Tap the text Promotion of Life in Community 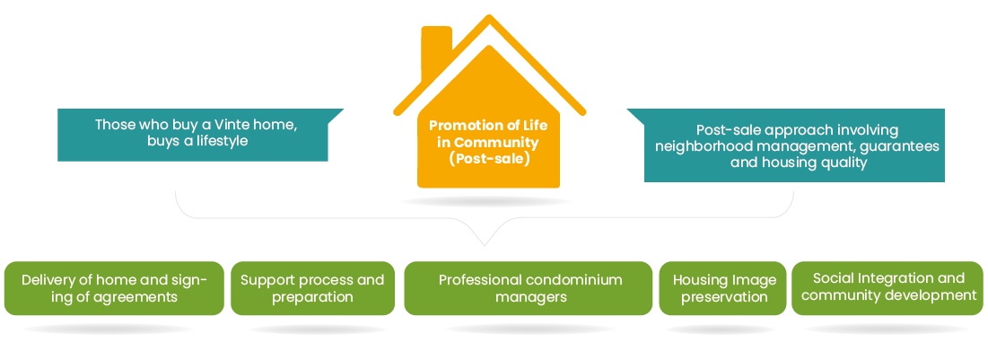[483, 134]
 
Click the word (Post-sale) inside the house [490, 159]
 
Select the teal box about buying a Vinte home [193, 135]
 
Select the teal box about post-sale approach [794, 145]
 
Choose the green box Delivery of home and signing [114, 288]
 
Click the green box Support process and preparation [311, 288]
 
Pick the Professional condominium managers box [529, 288]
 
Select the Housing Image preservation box [723, 288]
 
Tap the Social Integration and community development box [887, 287]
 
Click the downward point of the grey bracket [485, 243]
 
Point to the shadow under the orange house [486, 202]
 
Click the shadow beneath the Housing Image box [724, 329]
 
